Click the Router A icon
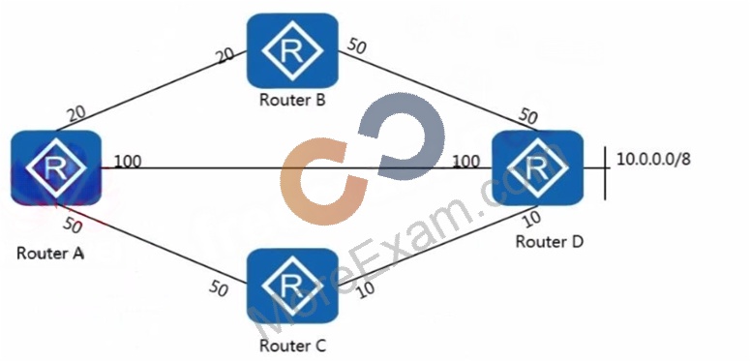click(56, 167)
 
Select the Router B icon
click(292, 50)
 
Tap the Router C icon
click(292, 286)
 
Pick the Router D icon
click(538, 167)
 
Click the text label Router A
click(50, 253)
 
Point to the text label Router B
click(292, 100)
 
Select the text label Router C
click(292, 346)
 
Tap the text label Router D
click(550, 241)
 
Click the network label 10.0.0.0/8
click(653, 160)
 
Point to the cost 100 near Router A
click(128, 161)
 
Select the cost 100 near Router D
click(466, 161)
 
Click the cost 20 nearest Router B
click(225, 54)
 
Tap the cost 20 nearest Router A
click(76, 113)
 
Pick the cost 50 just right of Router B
click(357, 45)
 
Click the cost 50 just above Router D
click(529, 116)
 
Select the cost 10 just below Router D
click(532, 219)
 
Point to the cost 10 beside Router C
click(366, 290)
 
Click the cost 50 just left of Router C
click(218, 288)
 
